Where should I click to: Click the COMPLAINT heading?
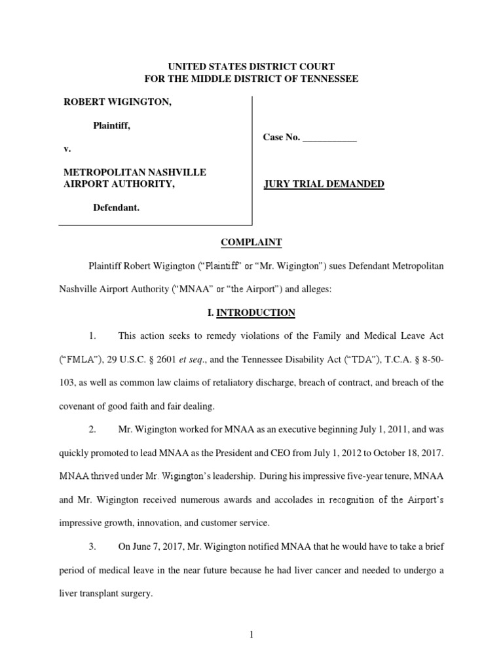251,242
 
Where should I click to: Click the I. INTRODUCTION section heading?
251,313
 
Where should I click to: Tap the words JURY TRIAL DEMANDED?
324,184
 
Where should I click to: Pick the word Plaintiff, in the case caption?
111,125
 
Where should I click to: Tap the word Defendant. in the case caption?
116,207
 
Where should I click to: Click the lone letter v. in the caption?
67,149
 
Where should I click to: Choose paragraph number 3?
93,546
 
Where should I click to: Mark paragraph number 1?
93,336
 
